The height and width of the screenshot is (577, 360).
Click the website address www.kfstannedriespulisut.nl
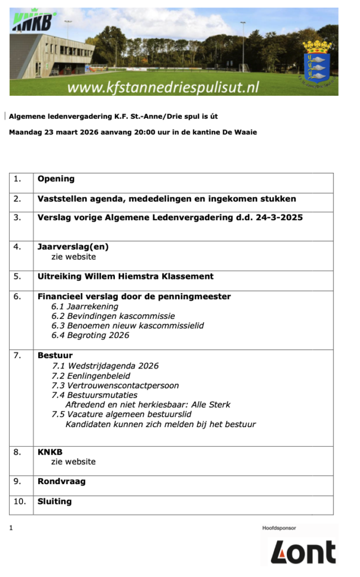[163, 87]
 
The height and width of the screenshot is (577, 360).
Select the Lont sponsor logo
[303, 552]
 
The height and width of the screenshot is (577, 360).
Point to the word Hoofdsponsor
[279, 528]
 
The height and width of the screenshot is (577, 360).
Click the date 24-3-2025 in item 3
[278, 218]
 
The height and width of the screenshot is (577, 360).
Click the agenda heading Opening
[56, 179]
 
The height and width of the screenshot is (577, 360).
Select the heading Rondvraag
[61, 481]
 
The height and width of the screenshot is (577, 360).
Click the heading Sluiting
[55, 501]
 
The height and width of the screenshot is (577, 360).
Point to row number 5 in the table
[17, 276]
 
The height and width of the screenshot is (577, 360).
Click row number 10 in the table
[20, 501]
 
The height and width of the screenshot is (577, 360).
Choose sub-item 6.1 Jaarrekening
[85, 307]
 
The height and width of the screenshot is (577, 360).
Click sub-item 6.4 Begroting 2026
[90, 335]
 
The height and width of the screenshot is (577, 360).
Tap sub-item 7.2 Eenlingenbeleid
[91, 376]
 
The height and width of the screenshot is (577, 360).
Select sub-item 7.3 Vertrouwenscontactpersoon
[115, 385]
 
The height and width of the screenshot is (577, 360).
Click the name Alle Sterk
[211, 405]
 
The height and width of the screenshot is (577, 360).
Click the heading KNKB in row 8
[50, 451]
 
